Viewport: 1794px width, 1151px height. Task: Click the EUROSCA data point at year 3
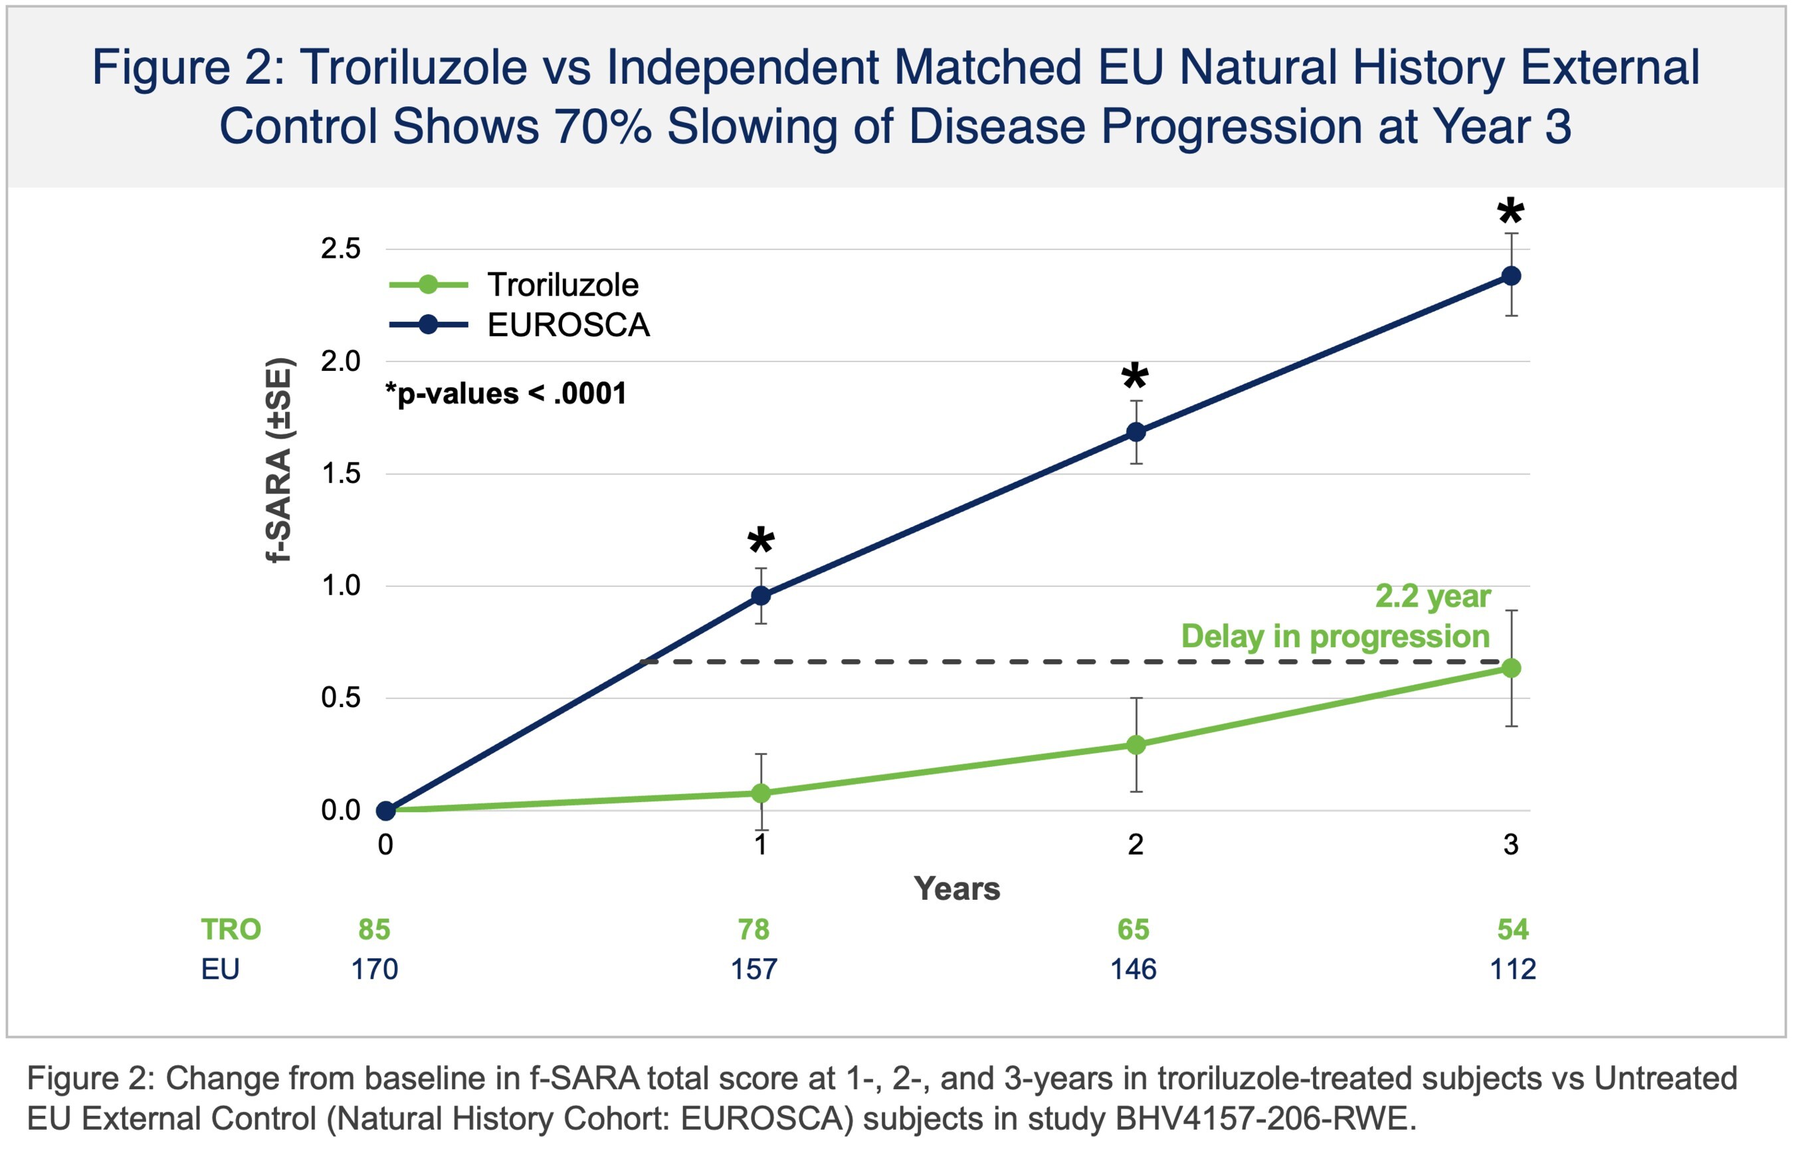pyautogui.click(x=1511, y=276)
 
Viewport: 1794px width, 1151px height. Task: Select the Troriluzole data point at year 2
pyautogui.click(x=1136, y=744)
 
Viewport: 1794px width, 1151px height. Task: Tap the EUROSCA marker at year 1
pyautogui.click(x=761, y=595)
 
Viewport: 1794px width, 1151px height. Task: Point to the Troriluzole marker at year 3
pyautogui.click(x=1511, y=667)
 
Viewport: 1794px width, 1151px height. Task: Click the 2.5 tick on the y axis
pyautogui.click(x=341, y=249)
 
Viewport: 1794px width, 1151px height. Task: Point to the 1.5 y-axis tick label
pyautogui.click(x=341, y=473)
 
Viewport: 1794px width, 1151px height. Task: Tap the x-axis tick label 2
pyautogui.click(x=1136, y=845)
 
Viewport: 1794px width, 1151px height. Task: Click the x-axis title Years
pyautogui.click(x=956, y=889)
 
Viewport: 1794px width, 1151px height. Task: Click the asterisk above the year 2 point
pyautogui.click(x=1135, y=376)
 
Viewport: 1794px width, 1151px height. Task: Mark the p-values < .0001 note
pyautogui.click(x=506, y=394)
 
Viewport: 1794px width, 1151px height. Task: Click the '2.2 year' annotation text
pyautogui.click(x=1433, y=596)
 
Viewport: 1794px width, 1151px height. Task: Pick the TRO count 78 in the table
pyautogui.click(x=754, y=929)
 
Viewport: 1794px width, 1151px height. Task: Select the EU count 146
pyautogui.click(x=1134, y=970)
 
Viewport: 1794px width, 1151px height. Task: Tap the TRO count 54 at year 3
pyautogui.click(x=1513, y=929)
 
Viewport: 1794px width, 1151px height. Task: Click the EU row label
pyautogui.click(x=220, y=970)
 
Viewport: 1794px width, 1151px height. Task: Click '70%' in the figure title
pyautogui.click(x=602, y=126)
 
